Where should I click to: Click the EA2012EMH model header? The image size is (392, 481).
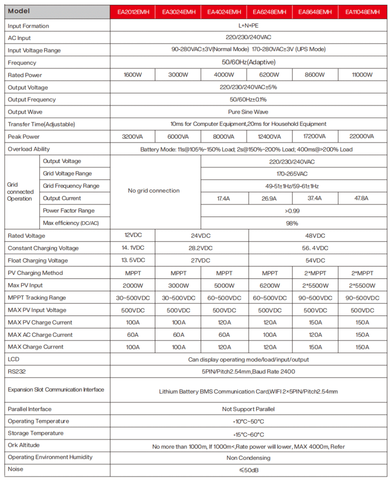click(x=133, y=12)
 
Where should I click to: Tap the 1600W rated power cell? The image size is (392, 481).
click(x=133, y=75)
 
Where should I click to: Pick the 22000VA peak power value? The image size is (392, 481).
click(x=361, y=137)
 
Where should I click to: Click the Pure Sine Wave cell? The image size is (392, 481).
click(x=248, y=112)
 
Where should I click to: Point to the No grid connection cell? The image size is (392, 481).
click(x=154, y=191)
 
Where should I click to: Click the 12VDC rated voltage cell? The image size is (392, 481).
click(x=133, y=236)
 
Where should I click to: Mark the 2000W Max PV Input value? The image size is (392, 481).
click(x=133, y=285)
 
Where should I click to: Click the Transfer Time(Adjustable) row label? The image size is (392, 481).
click(x=41, y=124)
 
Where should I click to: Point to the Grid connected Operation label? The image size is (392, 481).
click(x=20, y=192)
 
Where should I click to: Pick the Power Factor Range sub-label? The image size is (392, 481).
click(x=69, y=211)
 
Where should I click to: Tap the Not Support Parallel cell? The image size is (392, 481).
click(x=248, y=409)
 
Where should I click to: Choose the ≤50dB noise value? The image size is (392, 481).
click(x=248, y=470)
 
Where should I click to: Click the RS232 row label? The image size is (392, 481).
click(x=17, y=371)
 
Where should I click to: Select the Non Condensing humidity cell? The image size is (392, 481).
click(x=248, y=458)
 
